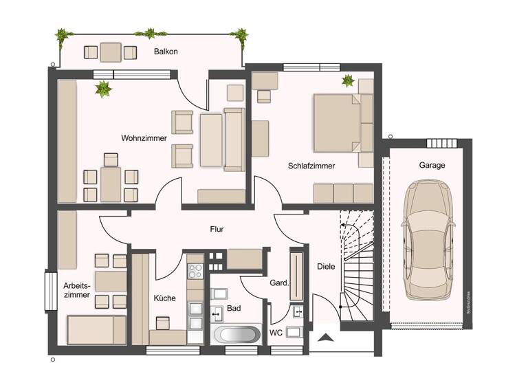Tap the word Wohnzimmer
coord(144,138)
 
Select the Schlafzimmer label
coord(311,166)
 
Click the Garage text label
coord(432,165)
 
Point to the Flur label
coord(217,230)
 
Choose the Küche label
coord(165,298)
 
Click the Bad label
coord(233,309)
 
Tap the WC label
coord(276,333)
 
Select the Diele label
coord(325,266)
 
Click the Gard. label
coord(278,283)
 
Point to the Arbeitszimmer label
coord(76,289)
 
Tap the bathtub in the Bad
coord(236,335)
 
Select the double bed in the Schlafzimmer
coord(337,122)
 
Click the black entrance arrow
coord(326,337)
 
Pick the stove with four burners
coord(195,270)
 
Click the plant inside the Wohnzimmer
coord(104,89)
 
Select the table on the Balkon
coord(110,52)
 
